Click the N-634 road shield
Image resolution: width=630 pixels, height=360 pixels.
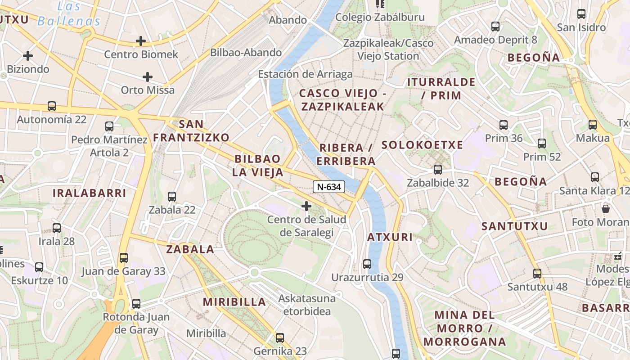tap(329, 186)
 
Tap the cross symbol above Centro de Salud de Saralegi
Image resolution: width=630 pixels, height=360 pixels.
tap(306, 206)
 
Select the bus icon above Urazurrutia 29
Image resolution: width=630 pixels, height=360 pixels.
tap(367, 264)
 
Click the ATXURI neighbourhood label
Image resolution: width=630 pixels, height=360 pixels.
tap(390, 237)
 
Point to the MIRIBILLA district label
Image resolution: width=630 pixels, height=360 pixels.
tap(234, 301)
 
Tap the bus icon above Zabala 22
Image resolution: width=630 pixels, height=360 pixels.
tap(172, 196)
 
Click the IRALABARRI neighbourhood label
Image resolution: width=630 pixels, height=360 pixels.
tap(90, 193)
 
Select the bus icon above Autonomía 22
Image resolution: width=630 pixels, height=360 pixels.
tap(52, 106)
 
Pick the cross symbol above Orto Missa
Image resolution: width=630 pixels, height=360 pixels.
tap(148, 77)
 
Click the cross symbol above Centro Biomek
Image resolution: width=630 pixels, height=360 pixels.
tap(141, 41)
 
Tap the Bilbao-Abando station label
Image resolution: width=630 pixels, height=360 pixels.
tap(246, 52)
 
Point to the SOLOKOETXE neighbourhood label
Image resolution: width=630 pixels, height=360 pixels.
tap(422, 145)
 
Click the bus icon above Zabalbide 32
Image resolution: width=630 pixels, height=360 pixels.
tap(438, 169)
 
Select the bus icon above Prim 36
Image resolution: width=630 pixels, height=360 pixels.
tap(504, 125)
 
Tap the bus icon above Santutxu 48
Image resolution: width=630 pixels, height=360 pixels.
tap(537, 273)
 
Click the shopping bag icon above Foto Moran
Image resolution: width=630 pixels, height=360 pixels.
tap(606, 209)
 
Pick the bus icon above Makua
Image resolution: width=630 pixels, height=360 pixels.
tap(593, 125)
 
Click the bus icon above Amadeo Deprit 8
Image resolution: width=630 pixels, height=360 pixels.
tap(495, 26)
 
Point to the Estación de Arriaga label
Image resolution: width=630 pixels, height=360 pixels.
tap(305, 74)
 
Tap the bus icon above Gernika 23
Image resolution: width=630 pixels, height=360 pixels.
tap(280, 337)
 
